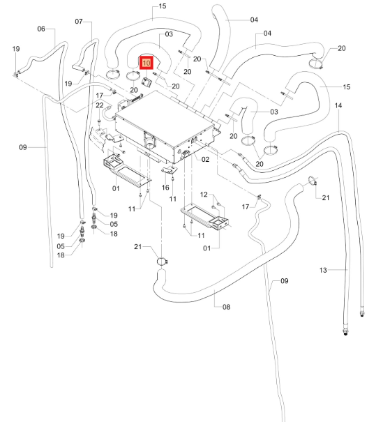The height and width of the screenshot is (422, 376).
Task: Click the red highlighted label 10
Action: coord(146,63)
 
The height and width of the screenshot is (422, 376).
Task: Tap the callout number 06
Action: coord(41,29)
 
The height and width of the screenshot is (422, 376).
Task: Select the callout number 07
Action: coord(79,21)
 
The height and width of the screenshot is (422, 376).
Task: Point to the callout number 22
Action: coord(100,105)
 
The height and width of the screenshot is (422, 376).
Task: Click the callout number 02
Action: coord(205,160)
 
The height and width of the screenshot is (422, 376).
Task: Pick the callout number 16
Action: coord(165,188)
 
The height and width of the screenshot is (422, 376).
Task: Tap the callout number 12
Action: coord(204,195)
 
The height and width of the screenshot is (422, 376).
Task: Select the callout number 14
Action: coord(338,105)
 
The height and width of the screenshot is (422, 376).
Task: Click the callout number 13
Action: coord(323,270)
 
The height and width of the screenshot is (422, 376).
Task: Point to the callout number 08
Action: coord(226,307)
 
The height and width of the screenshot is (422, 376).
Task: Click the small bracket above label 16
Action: coord(170,169)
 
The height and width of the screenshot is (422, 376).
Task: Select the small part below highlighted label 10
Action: coord(146,82)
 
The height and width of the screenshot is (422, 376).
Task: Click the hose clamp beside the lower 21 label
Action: coord(163,262)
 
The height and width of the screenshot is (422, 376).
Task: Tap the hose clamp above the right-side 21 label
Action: coord(313,181)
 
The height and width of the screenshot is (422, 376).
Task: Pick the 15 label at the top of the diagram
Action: coord(163,6)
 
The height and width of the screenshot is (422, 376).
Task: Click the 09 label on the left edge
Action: coord(23,147)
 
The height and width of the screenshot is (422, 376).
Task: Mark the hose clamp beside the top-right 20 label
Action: coord(315,64)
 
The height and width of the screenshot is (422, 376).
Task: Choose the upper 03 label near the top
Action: coord(169,34)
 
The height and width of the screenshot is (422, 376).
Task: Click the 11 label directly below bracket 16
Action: coord(173,199)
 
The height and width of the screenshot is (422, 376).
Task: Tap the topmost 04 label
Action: coord(254,20)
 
